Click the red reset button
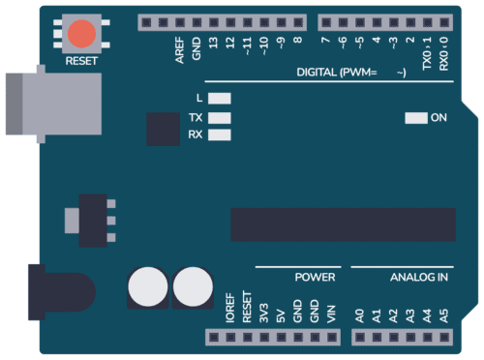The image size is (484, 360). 82,34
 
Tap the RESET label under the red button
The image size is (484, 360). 82,61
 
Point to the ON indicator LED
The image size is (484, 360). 415,118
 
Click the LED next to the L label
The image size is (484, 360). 221,99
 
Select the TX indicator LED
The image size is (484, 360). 221,117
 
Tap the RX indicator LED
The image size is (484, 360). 221,135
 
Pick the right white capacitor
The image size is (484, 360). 193,287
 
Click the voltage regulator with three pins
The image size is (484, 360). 92,219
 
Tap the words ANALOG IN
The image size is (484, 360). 419,278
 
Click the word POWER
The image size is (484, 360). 315,278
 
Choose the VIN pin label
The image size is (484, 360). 331,314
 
